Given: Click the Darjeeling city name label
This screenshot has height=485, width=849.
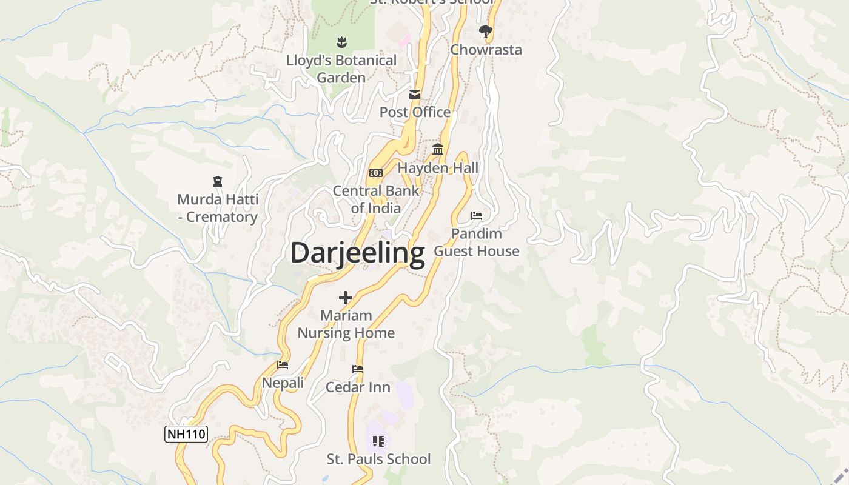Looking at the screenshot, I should click(x=357, y=253).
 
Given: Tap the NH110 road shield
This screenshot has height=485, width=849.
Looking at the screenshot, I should click(x=186, y=434).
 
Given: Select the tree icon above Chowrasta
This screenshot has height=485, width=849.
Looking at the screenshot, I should click(x=485, y=32).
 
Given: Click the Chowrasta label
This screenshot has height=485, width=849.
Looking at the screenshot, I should click(x=486, y=50).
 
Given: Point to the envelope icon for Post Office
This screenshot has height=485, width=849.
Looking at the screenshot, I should click(x=415, y=95).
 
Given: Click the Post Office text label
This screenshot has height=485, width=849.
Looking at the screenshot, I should click(x=415, y=112).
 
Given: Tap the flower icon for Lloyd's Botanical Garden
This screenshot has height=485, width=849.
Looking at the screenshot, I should click(x=342, y=42).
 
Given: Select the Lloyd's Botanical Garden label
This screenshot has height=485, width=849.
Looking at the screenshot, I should click(x=341, y=69).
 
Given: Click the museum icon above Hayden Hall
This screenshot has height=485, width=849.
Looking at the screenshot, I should click(x=438, y=150).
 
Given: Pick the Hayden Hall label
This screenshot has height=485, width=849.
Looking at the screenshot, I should click(x=438, y=168).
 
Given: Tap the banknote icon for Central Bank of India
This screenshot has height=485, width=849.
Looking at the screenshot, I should click(x=376, y=173).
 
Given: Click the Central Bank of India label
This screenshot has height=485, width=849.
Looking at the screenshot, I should click(x=376, y=199).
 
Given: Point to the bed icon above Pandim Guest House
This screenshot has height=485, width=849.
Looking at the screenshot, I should click(x=477, y=216).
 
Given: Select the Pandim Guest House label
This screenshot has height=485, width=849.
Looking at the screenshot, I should click(x=477, y=242).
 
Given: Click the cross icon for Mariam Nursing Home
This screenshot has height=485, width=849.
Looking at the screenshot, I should click(x=346, y=298).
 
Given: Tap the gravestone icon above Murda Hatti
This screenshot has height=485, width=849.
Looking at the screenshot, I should click(x=218, y=181).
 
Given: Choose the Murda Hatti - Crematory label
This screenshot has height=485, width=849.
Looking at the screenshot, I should click(x=218, y=208).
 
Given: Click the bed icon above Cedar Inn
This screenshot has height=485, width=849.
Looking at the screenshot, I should click(x=358, y=369).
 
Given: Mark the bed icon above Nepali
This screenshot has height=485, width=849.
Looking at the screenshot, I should click(x=283, y=365).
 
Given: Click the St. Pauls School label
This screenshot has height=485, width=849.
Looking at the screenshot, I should click(x=378, y=459).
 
